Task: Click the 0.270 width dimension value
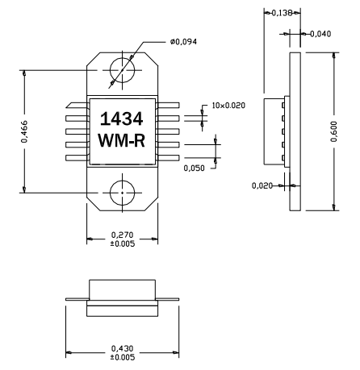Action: [x=122, y=235]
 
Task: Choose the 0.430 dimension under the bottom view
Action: [x=121, y=348]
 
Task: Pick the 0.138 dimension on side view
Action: [x=281, y=13]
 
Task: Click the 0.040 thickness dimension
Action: [x=321, y=34]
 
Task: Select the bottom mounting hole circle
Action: [x=122, y=193]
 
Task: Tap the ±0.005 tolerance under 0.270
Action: [x=122, y=243]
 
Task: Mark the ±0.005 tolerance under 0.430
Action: [x=121, y=357]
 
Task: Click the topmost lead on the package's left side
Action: [x=77, y=103]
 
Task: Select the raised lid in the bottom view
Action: [x=121, y=289]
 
